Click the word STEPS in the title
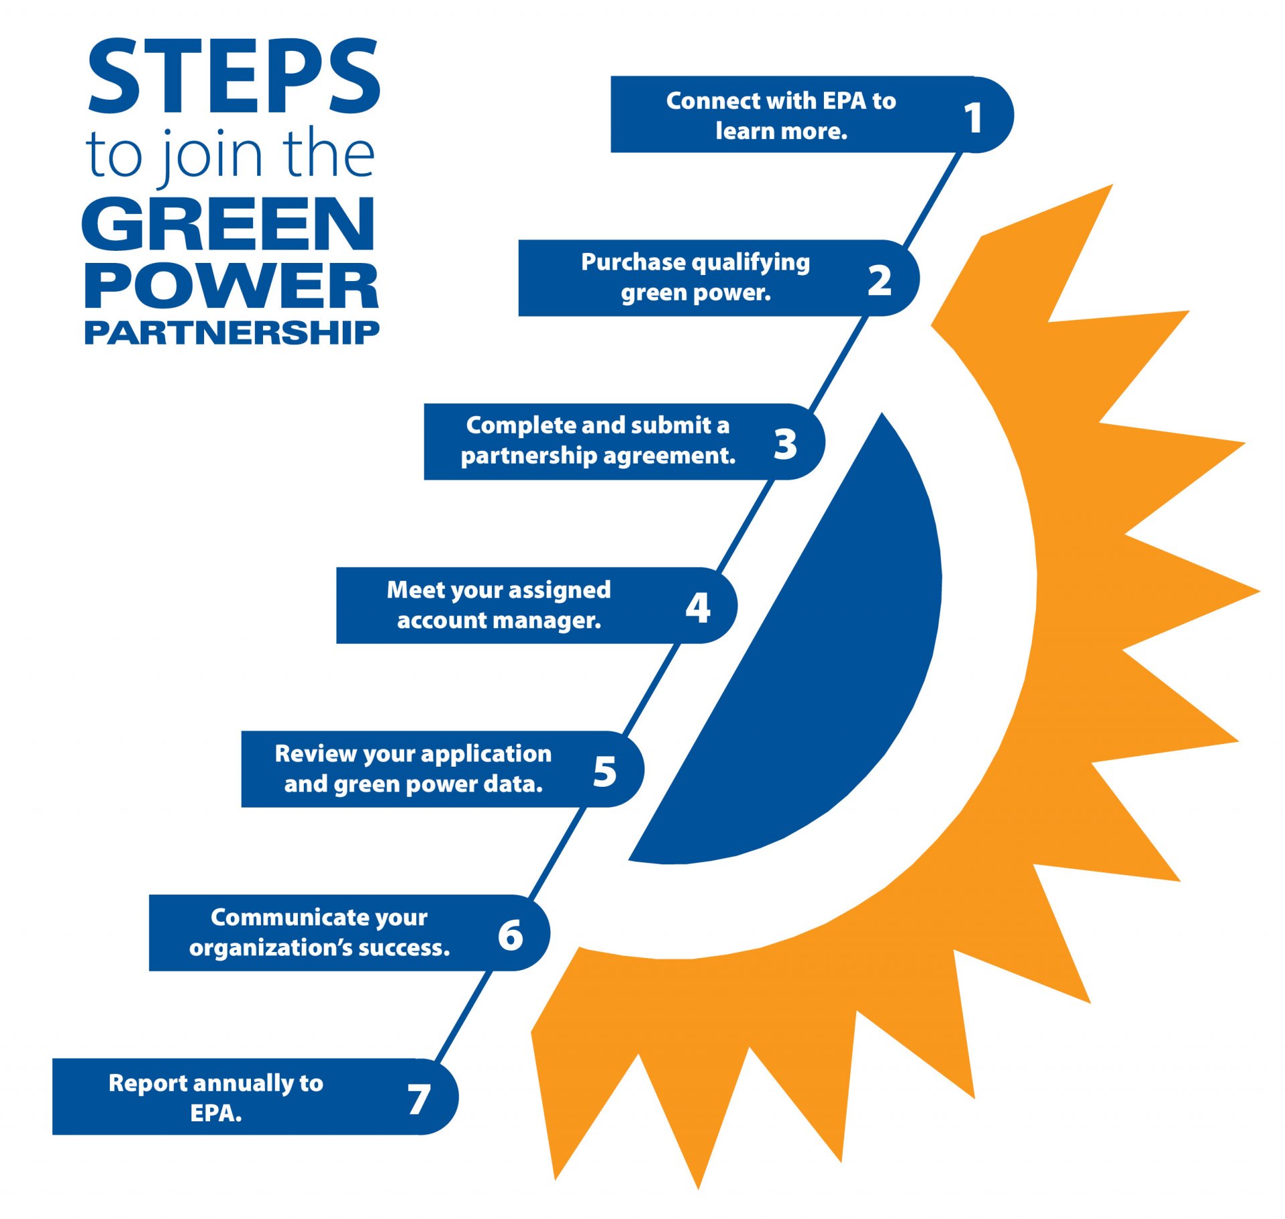click(234, 76)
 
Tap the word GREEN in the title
click(228, 224)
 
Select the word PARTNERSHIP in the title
click(232, 333)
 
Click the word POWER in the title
click(232, 286)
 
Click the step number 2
click(879, 281)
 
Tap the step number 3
click(785, 444)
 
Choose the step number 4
click(697, 608)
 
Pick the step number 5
click(604, 771)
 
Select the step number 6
click(510, 935)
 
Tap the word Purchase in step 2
click(624, 262)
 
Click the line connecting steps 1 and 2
click(933, 198)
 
